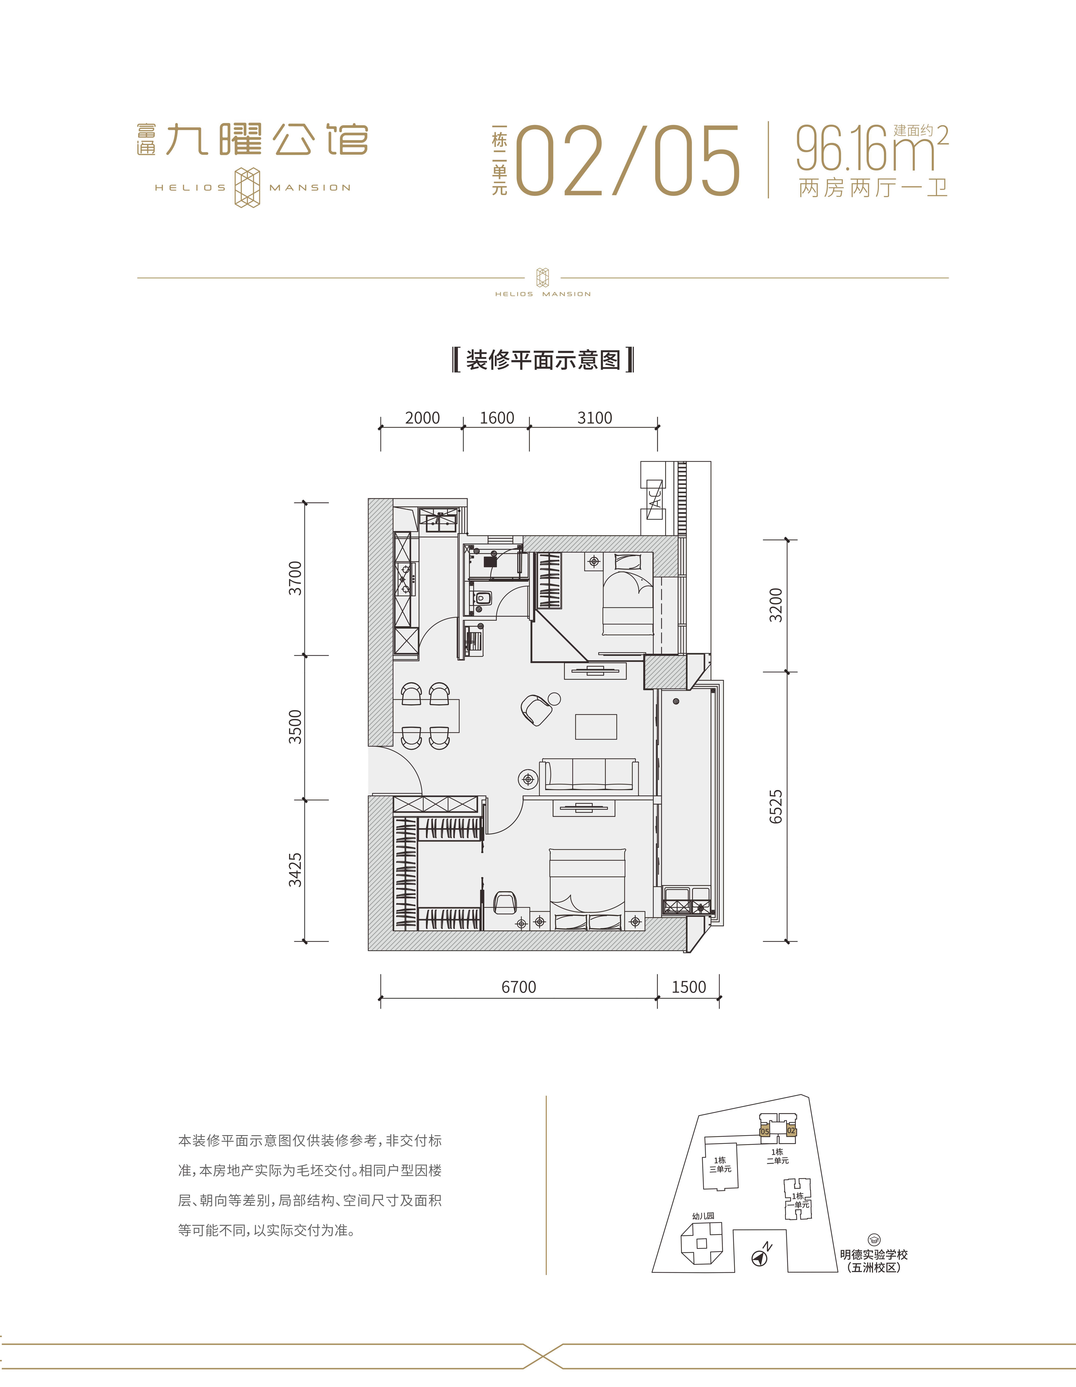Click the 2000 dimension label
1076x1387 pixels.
(422, 418)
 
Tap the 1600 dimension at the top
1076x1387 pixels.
(497, 418)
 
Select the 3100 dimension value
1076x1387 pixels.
(594, 418)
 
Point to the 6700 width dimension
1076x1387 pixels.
(519, 987)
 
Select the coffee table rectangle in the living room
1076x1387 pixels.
(596, 727)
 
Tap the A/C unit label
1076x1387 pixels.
(654, 499)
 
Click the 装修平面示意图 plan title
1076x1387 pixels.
(543, 360)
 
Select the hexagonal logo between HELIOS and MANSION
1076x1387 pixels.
(248, 187)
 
